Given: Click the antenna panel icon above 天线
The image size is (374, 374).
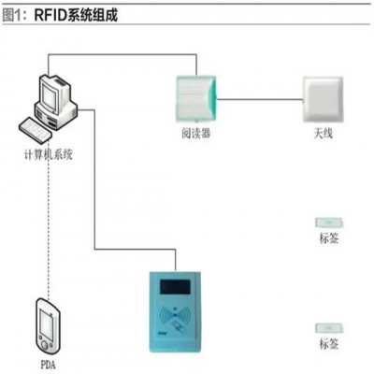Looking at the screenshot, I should [323, 96].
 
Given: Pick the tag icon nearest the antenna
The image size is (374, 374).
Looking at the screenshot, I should [330, 223].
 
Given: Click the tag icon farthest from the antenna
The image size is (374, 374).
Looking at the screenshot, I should [330, 327].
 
